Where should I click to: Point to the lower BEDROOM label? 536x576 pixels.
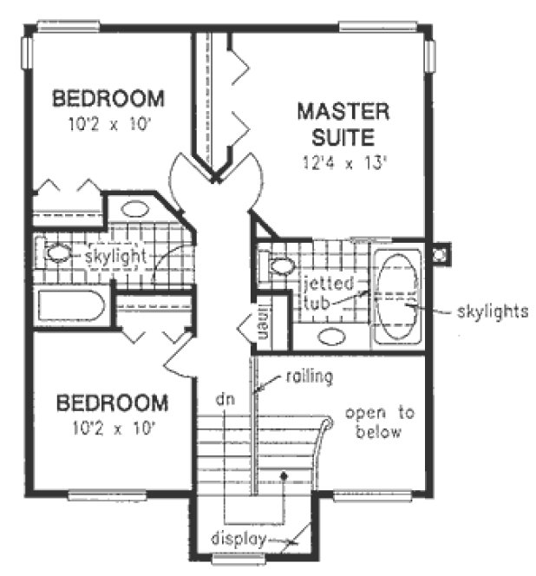pyautogui.click(x=112, y=404)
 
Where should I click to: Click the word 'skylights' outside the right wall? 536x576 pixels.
pyautogui.click(x=492, y=310)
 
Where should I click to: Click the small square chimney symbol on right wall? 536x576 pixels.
pyautogui.click(x=440, y=255)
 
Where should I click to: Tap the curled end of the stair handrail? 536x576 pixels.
pyautogui.click(x=325, y=423)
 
